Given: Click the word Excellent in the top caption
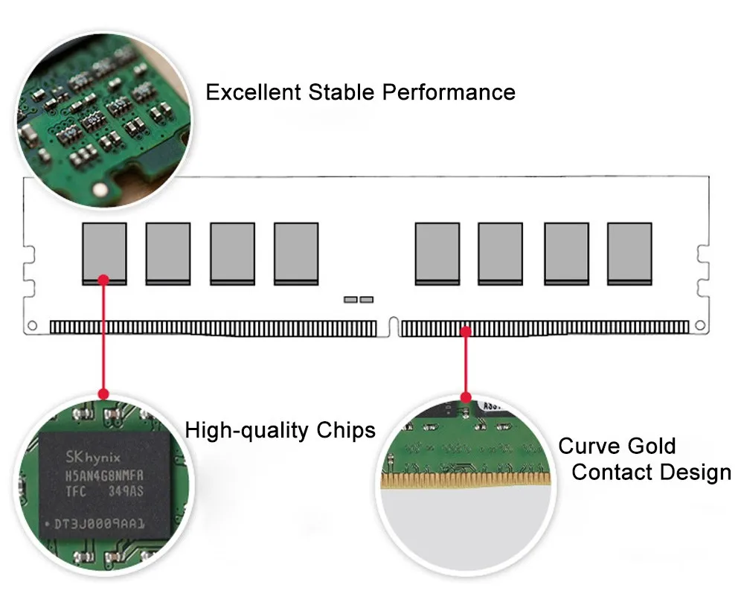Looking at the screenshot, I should click(254, 92).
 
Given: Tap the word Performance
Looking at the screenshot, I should click(449, 92).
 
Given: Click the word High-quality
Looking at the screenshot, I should click(248, 430).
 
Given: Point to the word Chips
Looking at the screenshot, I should click(346, 430).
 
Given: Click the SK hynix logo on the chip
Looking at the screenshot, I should click(83, 456).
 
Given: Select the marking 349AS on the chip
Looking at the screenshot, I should click(126, 493).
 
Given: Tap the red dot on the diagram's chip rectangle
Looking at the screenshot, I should click(103, 280).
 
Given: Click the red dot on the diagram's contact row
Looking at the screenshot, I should click(466, 332).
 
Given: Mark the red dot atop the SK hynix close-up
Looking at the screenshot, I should click(103, 393).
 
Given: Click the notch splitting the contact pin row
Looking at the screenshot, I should click(388, 327).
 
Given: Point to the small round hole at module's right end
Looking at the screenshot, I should click(699, 325).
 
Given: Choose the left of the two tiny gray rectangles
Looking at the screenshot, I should click(350, 300).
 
